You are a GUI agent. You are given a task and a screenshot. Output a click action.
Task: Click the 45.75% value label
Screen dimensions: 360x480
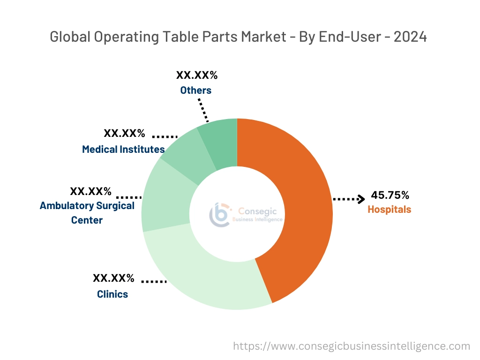click(390, 195)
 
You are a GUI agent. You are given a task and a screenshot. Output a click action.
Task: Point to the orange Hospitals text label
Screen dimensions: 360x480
click(389, 210)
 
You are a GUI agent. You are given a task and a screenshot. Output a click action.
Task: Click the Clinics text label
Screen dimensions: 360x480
click(112, 294)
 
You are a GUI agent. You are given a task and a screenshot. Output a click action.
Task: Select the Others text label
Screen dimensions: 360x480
click(195, 90)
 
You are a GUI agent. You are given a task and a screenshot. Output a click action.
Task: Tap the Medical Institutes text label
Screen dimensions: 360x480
click(123, 149)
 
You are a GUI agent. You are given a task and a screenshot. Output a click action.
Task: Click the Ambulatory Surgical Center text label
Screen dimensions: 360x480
click(87, 212)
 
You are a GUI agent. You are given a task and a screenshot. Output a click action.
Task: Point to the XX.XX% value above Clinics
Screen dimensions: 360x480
click(113, 278)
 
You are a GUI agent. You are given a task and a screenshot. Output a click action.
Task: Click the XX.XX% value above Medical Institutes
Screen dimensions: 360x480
click(124, 133)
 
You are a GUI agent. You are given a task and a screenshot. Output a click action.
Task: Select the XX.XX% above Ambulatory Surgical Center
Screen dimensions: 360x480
click(90, 191)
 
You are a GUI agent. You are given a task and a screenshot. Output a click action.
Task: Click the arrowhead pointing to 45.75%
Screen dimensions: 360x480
click(360, 199)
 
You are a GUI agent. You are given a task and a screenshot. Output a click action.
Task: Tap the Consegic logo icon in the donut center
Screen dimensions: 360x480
click(219, 214)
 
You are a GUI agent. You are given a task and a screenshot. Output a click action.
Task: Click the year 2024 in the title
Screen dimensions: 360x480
click(410, 37)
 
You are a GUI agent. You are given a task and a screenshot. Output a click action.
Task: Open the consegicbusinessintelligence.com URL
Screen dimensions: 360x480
click(352, 346)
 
